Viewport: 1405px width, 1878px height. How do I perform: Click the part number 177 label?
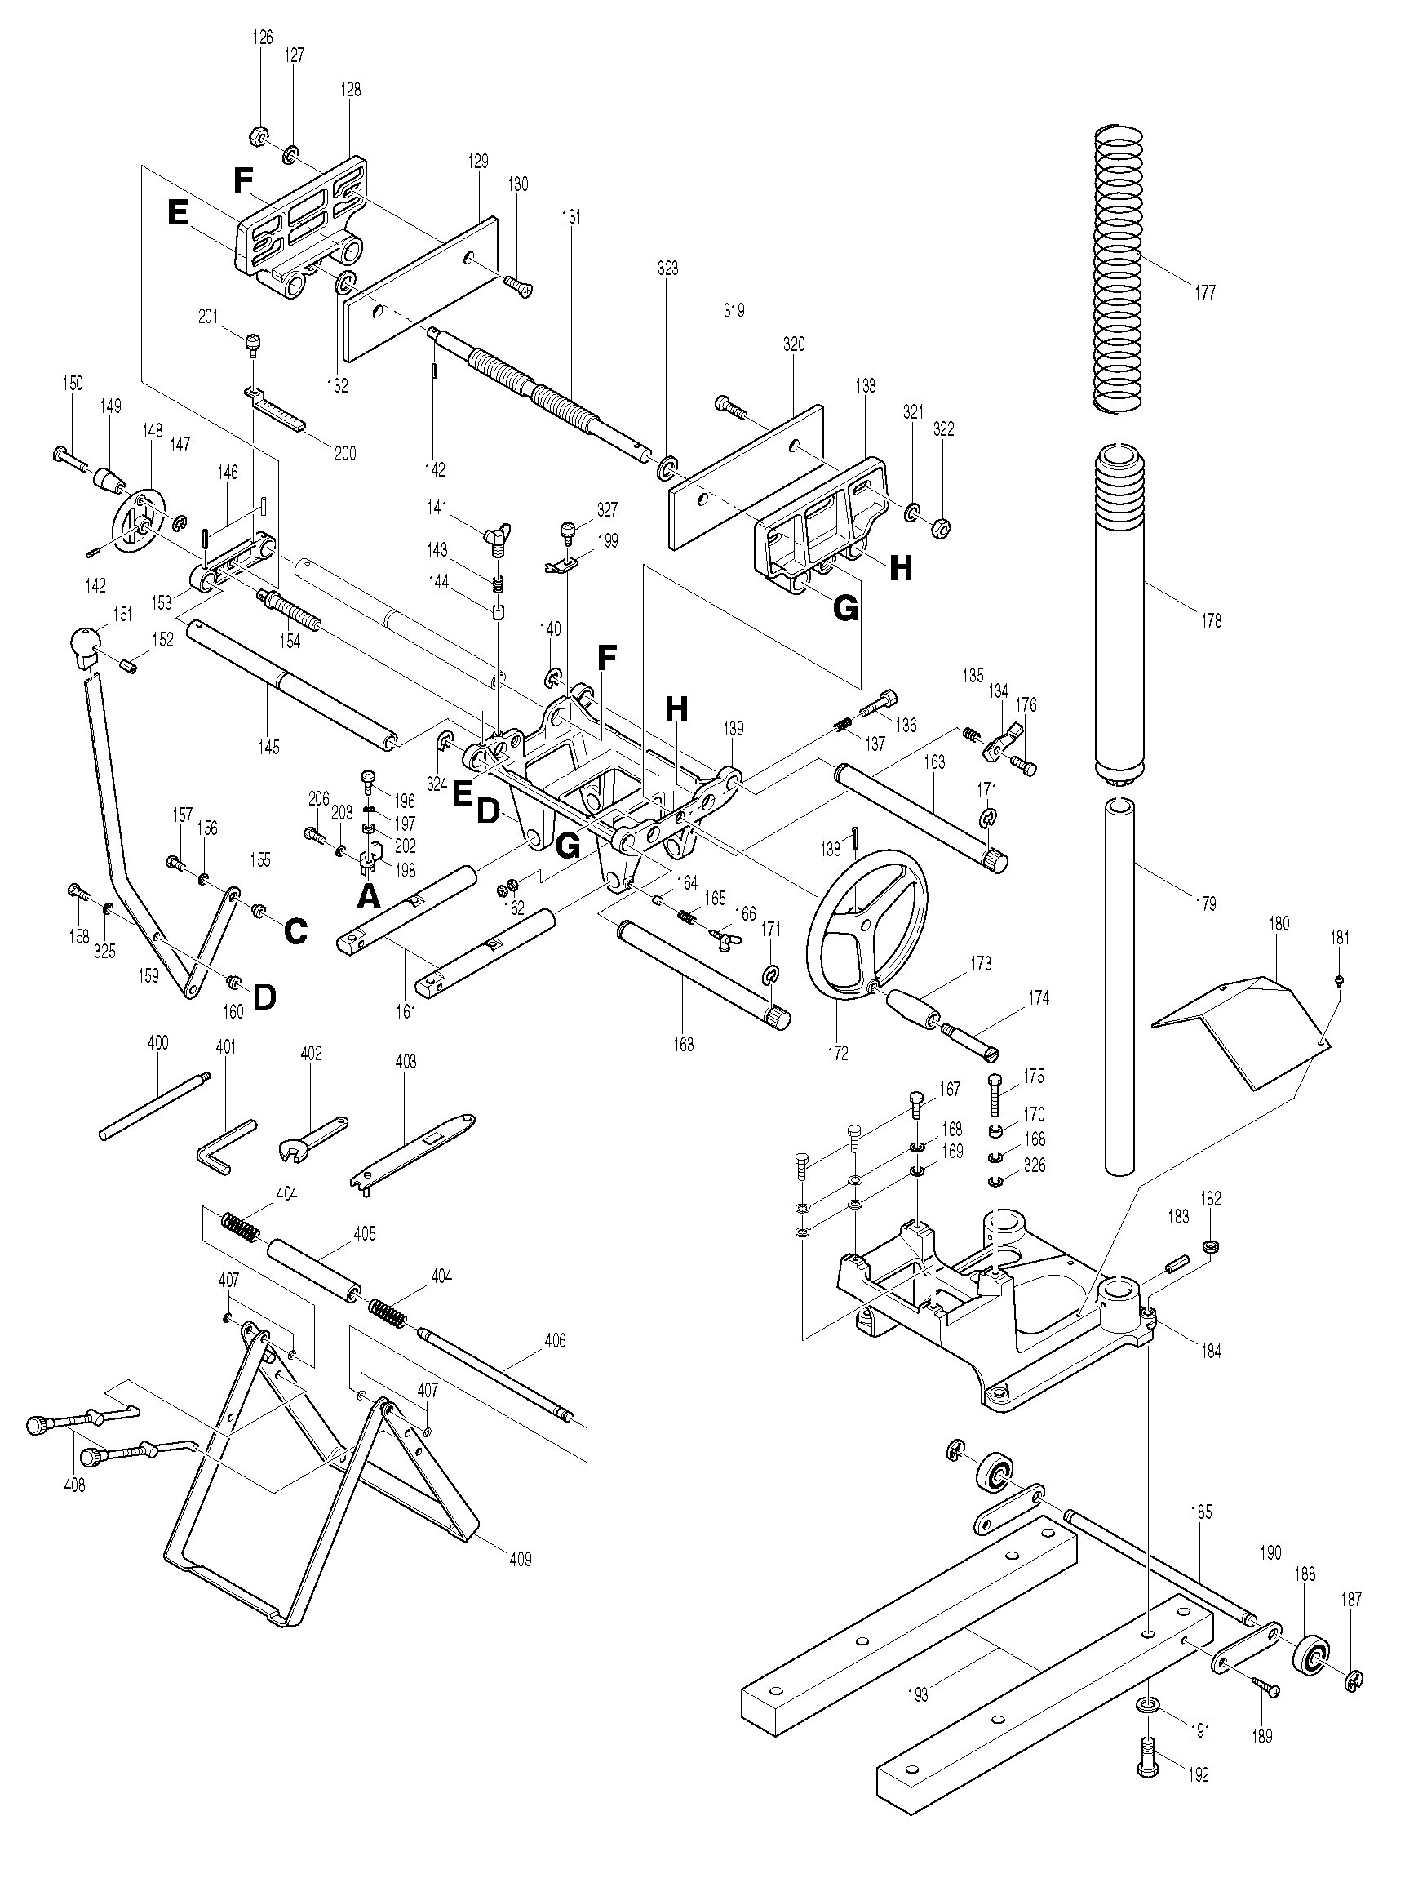tap(1203, 292)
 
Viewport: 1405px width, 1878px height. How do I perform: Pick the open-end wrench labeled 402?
tap(311, 1138)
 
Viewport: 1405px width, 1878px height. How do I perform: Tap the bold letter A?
tap(366, 895)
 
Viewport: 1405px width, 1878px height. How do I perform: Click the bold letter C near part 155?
tap(294, 931)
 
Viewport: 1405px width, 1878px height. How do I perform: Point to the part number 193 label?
tap(918, 1694)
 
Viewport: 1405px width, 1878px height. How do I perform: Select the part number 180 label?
tap(1279, 924)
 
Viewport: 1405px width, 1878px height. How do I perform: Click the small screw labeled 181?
tap(1339, 980)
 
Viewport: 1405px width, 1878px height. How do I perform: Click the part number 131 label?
tap(570, 217)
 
